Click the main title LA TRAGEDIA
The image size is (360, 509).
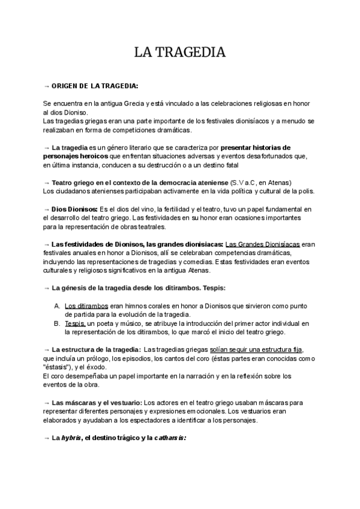[179, 53]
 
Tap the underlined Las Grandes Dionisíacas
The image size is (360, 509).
[262, 244]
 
